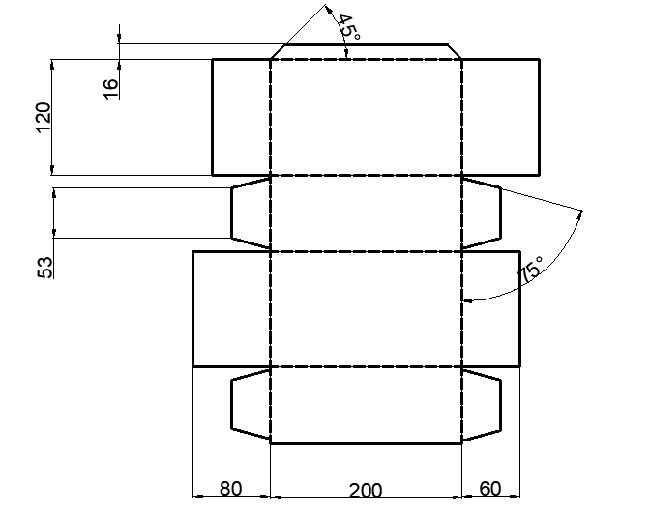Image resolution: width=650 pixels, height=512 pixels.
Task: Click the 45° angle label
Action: coord(349,27)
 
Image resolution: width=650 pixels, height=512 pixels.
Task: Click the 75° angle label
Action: coord(530,269)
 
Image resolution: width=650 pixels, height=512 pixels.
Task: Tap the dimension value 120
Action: coord(44,118)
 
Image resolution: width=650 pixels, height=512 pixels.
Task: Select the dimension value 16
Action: coord(110,89)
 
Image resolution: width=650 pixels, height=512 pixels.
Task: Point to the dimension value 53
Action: coord(45,268)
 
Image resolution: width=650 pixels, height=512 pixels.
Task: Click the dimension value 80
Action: coord(230,489)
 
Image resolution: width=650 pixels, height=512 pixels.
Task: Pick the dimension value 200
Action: coord(366,491)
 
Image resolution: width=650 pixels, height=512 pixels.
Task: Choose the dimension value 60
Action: coord(490,489)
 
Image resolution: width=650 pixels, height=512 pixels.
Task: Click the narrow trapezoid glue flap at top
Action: coord(366,52)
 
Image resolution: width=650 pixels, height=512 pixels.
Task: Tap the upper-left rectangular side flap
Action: coord(241,117)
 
